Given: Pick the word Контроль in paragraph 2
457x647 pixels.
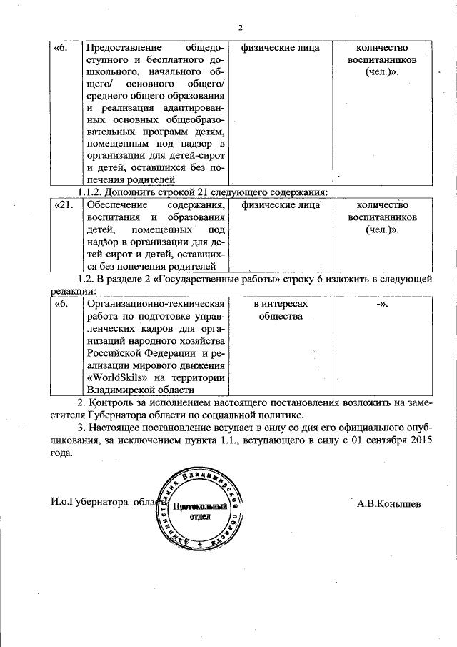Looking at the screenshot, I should pos(114,403).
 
